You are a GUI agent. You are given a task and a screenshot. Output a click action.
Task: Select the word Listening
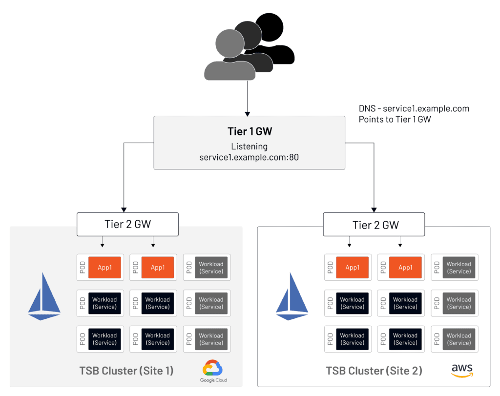pyautogui.click(x=249, y=146)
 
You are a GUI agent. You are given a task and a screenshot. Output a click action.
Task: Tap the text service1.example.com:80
pyautogui.click(x=249, y=158)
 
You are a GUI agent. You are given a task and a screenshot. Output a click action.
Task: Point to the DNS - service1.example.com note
pyautogui.click(x=414, y=108)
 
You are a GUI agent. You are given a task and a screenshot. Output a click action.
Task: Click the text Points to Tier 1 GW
pyautogui.click(x=395, y=119)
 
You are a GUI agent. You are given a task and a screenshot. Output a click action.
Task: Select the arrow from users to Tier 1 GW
pyautogui.click(x=248, y=98)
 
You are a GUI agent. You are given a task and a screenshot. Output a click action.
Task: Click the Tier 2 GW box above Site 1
pyautogui.click(x=128, y=224)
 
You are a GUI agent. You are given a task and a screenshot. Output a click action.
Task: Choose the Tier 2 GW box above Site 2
pyautogui.click(x=375, y=225)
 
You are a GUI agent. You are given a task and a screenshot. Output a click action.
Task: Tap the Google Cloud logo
pyautogui.click(x=213, y=371)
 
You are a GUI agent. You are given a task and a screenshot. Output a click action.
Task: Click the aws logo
pyautogui.click(x=462, y=370)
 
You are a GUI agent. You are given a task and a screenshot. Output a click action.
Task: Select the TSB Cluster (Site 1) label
pyautogui.click(x=126, y=371)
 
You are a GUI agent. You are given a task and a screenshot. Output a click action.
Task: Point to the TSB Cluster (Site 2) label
pyautogui.click(x=374, y=371)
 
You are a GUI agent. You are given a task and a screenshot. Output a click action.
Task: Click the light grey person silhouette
pyautogui.click(x=229, y=56)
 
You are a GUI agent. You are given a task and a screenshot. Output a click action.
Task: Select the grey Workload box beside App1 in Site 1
pyautogui.click(x=211, y=268)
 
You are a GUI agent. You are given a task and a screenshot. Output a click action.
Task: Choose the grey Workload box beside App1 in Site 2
pyautogui.click(x=459, y=268)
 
